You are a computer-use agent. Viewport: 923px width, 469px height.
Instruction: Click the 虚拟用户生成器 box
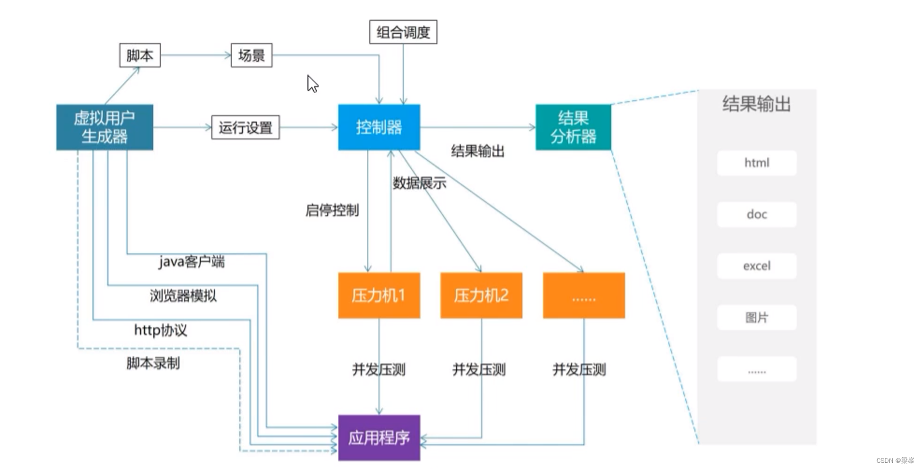(105, 127)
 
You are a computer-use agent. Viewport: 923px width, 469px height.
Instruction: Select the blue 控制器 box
(379, 127)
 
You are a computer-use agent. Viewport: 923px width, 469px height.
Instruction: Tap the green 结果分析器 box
(573, 127)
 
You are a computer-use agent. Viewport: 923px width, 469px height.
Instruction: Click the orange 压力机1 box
(379, 295)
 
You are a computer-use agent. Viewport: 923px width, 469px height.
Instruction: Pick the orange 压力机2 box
(481, 295)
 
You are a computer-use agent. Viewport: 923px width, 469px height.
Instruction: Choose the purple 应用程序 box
(379, 438)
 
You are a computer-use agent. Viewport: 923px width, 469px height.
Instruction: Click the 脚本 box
(140, 55)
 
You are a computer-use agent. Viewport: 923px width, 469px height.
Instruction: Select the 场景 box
(251, 55)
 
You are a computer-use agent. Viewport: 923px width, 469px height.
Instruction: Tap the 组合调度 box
(403, 32)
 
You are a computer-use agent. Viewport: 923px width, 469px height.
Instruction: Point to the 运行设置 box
(245, 128)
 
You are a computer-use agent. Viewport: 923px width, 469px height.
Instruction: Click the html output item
(757, 163)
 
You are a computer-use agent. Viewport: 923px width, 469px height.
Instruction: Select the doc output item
(757, 215)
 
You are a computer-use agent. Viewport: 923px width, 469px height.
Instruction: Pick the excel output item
(757, 266)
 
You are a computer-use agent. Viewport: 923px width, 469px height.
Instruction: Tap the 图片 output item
(757, 318)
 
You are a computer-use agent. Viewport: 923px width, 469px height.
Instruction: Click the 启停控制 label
(332, 211)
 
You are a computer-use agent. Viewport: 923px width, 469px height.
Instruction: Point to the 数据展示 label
(419, 183)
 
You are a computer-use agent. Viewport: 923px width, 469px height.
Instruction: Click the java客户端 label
(192, 262)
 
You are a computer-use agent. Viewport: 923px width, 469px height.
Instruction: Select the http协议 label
(160, 330)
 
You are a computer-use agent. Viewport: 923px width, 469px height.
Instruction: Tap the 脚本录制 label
(153, 363)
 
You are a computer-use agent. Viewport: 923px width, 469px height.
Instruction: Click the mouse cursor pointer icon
(312, 83)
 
